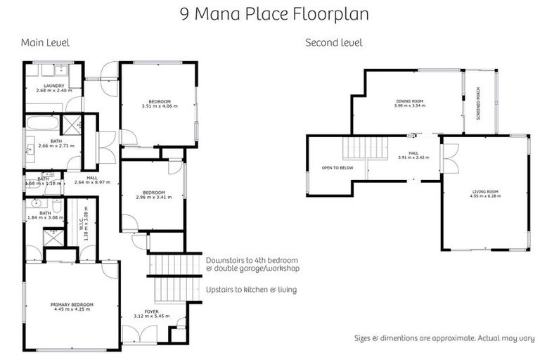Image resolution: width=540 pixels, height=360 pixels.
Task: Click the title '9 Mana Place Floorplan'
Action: (270, 13)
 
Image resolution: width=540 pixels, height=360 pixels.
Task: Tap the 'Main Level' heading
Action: (45, 43)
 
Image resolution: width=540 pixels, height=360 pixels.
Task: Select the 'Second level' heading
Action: (333, 43)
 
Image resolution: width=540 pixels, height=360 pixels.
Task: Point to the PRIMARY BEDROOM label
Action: (72, 307)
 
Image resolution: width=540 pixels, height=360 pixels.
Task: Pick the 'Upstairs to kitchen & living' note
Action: (250, 289)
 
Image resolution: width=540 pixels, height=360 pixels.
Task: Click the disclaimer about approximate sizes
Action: (444, 338)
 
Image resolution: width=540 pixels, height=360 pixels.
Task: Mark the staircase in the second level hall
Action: (365, 149)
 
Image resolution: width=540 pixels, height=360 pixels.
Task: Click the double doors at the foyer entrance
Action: (141, 337)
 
